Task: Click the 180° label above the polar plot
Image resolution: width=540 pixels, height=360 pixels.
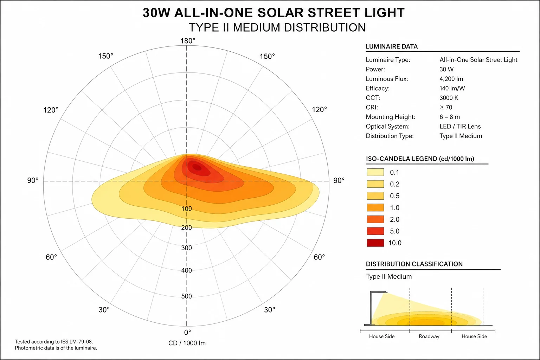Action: pyautogui.click(x=188, y=41)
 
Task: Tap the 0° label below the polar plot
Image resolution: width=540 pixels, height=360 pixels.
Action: pyautogui.click(x=187, y=333)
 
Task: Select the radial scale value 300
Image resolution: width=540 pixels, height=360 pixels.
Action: pyautogui.click(x=187, y=248)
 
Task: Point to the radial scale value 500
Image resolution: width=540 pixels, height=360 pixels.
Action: pyautogui.click(x=187, y=296)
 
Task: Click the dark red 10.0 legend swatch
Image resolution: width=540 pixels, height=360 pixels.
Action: pyautogui.click(x=375, y=243)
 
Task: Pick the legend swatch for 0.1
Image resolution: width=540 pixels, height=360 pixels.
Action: pyautogui.click(x=375, y=172)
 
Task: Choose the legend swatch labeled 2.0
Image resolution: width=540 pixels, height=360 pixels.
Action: pyautogui.click(x=375, y=219)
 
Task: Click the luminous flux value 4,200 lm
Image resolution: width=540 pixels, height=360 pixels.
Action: pyautogui.click(x=451, y=79)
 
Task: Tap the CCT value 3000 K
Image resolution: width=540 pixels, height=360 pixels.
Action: pyautogui.click(x=449, y=98)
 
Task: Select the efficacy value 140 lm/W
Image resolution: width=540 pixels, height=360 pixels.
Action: pyautogui.click(x=452, y=88)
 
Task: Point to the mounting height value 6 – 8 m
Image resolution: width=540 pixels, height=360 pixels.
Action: pyautogui.click(x=450, y=117)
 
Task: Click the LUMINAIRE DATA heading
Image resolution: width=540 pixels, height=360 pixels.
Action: pyautogui.click(x=392, y=46)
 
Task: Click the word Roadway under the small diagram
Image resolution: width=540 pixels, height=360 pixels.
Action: pyautogui.click(x=429, y=336)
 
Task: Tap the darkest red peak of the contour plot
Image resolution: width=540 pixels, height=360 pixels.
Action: pyautogui.click(x=197, y=167)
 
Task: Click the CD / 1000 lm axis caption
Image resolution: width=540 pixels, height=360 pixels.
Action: pyautogui.click(x=187, y=343)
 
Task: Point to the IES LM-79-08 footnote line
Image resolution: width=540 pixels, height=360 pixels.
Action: pyautogui.click(x=54, y=342)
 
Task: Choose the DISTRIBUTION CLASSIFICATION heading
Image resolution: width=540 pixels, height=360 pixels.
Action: pyautogui.click(x=414, y=264)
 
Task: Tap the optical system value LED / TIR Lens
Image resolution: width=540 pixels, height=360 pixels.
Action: pyautogui.click(x=460, y=126)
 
